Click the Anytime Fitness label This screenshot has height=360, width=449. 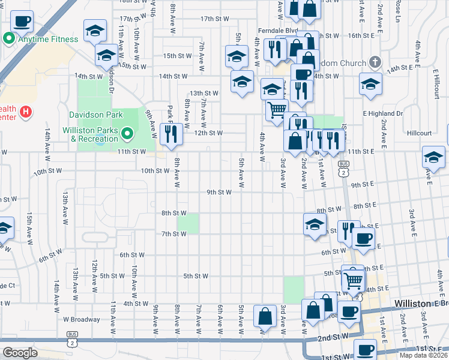(x=48, y=40)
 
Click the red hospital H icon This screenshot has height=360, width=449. (x=25, y=112)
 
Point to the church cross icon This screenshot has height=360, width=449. (x=375, y=62)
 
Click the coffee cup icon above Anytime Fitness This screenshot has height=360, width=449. (x=22, y=22)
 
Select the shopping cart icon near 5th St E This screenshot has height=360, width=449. (x=354, y=279)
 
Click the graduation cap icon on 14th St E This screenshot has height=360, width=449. (x=370, y=85)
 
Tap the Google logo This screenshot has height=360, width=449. (x=20, y=352)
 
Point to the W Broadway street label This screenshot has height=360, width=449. (x=82, y=319)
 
